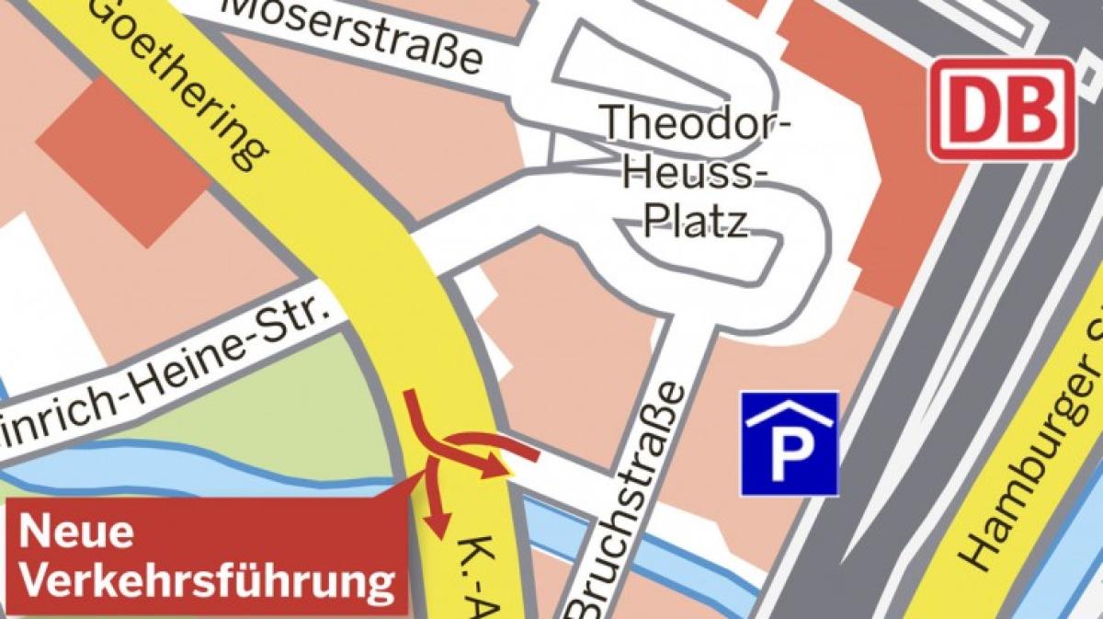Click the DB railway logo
[x=1002, y=109]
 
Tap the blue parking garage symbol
[x=790, y=444]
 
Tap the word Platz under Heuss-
[x=695, y=221]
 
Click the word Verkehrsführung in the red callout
[x=207, y=581]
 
